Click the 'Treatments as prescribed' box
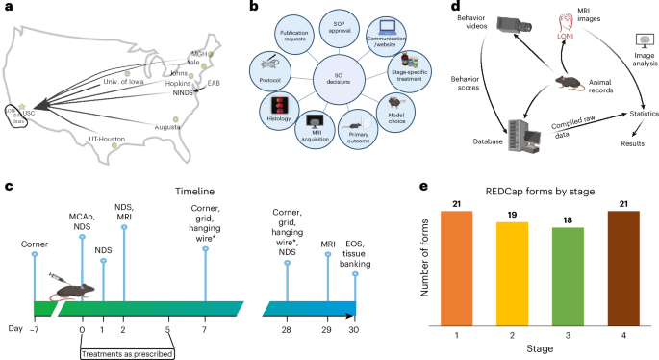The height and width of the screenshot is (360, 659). pyautogui.click(x=124, y=347)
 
